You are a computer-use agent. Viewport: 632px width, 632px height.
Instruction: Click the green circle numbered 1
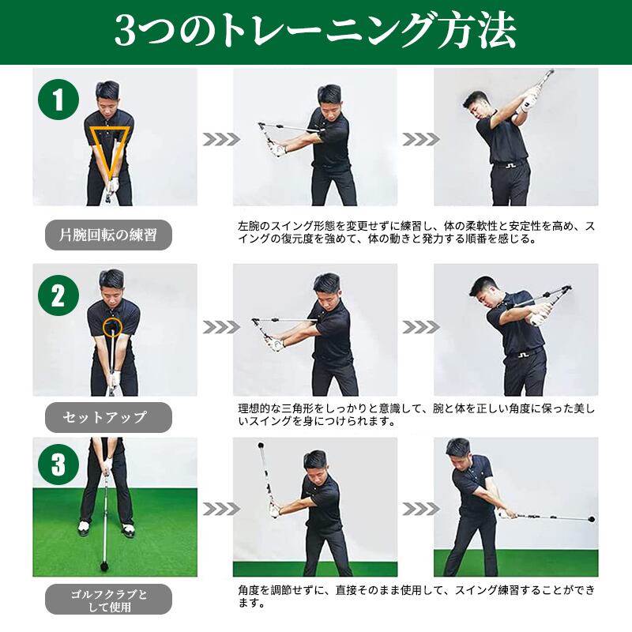(x=58, y=100)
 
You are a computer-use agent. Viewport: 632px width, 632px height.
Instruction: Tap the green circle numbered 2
(x=58, y=295)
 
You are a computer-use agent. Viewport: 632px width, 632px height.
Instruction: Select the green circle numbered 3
(x=58, y=464)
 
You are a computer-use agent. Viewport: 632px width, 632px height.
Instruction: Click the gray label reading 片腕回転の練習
(x=108, y=235)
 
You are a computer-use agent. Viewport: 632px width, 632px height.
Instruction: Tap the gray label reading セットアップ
(x=108, y=417)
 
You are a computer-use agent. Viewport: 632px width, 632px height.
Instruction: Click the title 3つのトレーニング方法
(x=315, y=32)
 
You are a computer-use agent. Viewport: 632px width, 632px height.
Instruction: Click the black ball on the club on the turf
(x=104, y=567)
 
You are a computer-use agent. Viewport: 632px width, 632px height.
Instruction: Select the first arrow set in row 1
(x=220, y=139)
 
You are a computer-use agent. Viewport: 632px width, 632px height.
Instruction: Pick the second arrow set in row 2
(x=420, y=327)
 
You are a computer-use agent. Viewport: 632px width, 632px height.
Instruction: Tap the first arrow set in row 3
(x=220, y=509)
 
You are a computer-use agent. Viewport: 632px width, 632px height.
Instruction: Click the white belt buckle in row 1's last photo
(x=510, y=164)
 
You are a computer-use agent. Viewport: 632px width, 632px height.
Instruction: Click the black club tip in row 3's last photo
(x=592, y=519)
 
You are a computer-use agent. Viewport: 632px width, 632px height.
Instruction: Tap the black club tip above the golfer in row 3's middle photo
(x=261, y=446)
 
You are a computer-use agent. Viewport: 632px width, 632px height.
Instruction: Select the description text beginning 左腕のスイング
(x=416, y=232)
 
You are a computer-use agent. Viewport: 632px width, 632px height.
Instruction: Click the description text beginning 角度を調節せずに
(x=416, y=596)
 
